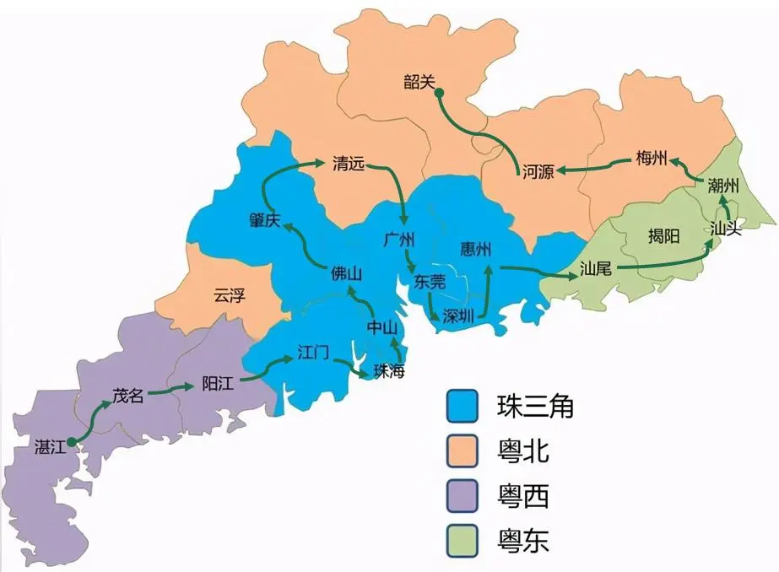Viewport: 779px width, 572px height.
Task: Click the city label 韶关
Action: [x=419, y=81]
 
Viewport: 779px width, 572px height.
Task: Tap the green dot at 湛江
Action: [x=72, y=440]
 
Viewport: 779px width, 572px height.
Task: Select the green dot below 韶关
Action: [x=439, y=94]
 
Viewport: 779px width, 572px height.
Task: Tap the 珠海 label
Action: [x=388, y=372]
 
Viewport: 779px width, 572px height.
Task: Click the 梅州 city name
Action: [x=652, y=158]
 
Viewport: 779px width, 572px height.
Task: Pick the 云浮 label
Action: [x=229, y=294]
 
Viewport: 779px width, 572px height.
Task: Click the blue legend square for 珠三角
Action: [x=462, y=407]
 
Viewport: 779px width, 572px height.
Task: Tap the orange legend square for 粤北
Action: [x=462, y=451]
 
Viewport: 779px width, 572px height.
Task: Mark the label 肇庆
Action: [x=264, y=219]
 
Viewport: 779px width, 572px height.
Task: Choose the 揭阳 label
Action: [x=663, y=236]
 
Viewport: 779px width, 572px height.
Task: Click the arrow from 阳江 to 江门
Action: [x=268, y=369]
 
